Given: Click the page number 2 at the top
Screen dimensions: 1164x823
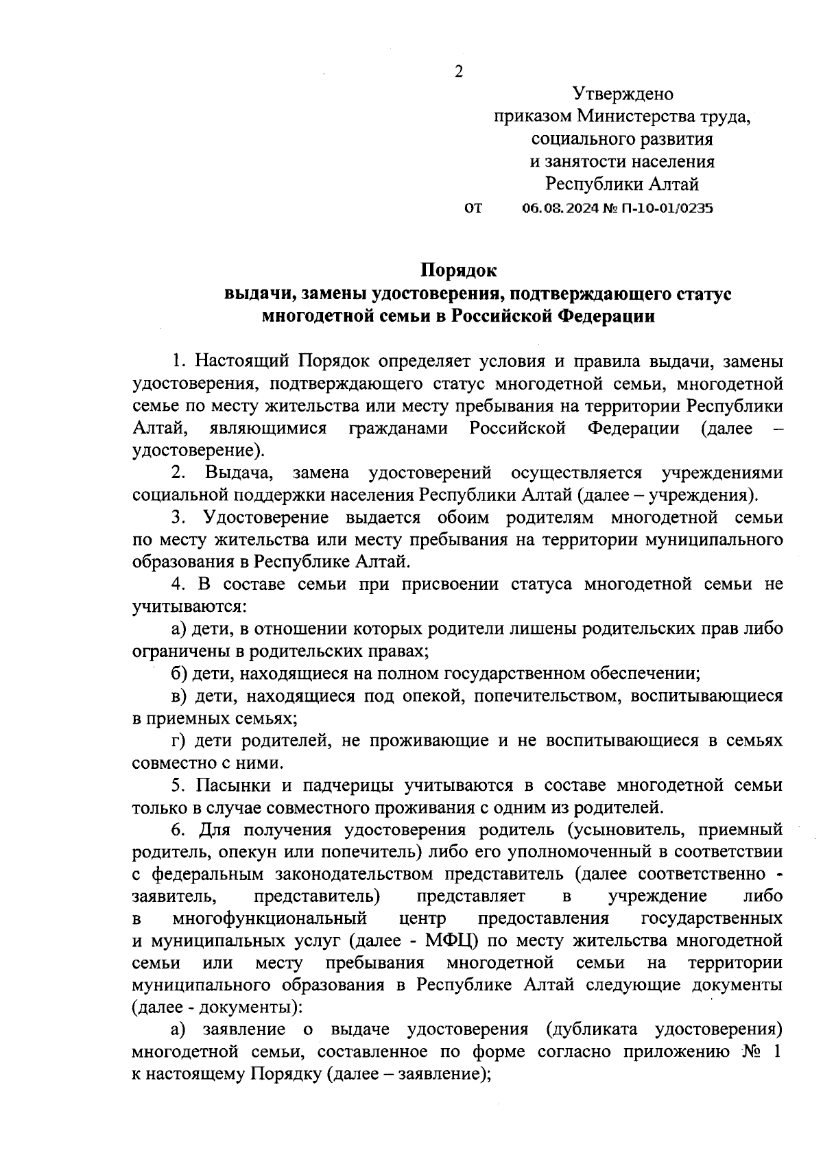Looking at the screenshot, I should coord(459,72).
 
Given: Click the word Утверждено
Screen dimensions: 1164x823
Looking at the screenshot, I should coord(623,94).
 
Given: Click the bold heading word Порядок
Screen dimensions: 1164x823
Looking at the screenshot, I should coord(457,272).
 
